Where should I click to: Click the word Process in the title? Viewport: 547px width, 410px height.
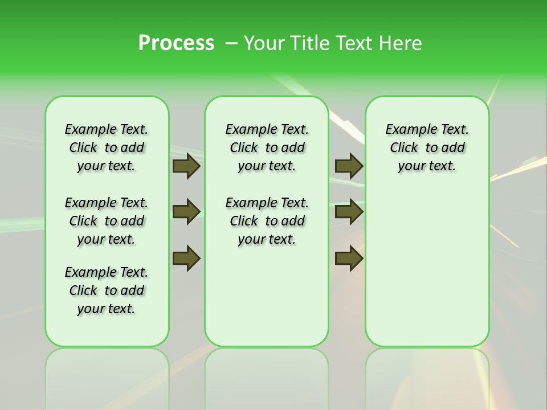(176, 43)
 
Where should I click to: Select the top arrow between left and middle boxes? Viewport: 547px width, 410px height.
(186, 166)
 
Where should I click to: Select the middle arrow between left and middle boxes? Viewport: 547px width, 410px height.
(186, 212)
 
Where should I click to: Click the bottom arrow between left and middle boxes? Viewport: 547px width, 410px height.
(186, 258)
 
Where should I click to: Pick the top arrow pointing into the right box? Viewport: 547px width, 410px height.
(349, 166)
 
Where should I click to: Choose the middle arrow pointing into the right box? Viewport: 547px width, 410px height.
(349, 212)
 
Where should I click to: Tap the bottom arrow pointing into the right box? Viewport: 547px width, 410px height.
(349, 258)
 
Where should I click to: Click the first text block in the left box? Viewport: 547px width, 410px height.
(107, 147)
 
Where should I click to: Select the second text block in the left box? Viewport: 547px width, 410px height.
(107, 221)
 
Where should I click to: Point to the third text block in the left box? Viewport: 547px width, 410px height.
(107, 290)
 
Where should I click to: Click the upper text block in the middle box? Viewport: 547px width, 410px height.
(267, 147)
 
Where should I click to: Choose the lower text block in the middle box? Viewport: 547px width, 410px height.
(267, 221)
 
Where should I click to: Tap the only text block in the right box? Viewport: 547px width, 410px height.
(427, 147)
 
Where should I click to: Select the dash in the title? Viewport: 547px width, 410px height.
(232, 43)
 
